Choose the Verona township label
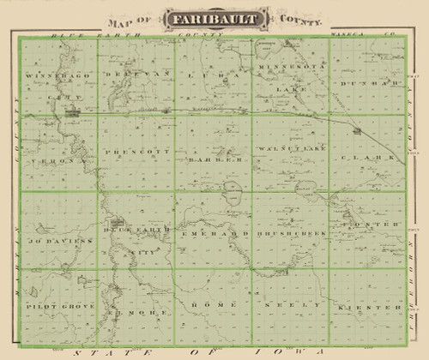[x=48, y=160]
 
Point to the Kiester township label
[x=372, y=306]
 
